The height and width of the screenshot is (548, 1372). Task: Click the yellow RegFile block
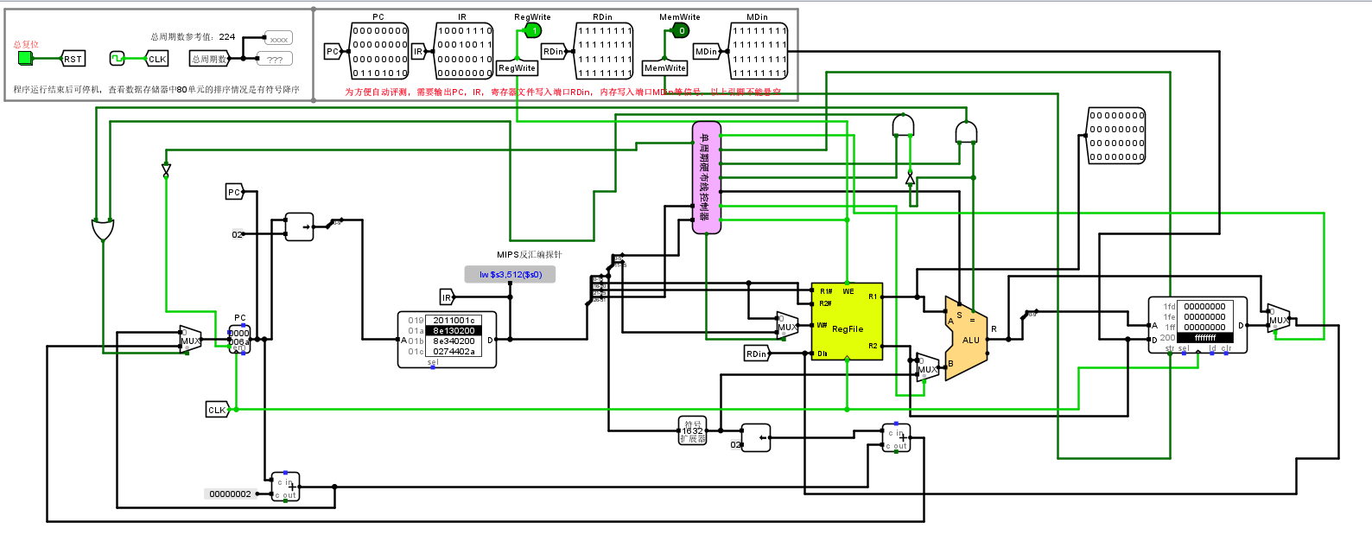pos(847,322)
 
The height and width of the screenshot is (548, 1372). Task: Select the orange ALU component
pos(966,338)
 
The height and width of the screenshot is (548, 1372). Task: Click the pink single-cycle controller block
pos(706,177)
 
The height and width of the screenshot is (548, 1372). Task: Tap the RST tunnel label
pos(73,59)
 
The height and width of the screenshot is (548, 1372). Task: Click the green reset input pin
pos(25,58)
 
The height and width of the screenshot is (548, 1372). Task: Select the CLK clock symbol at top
pos(118,59)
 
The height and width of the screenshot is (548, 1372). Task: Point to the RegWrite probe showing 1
pos(533,31)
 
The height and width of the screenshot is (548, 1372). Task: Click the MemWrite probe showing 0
pos(681,31)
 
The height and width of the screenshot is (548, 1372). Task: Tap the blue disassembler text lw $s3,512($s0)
pos(510,275)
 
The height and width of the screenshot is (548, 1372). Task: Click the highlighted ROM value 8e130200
pos(454,330)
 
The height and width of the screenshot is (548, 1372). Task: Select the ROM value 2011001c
pos(454,320)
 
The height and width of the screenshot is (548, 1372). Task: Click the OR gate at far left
pos(103,230)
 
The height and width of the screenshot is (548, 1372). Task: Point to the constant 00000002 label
pos(231,494)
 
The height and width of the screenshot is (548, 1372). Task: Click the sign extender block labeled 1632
pos(693,430)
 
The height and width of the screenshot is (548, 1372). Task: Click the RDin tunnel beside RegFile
pos(757,354)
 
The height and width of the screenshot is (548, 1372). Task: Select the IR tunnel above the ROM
pos(447,297)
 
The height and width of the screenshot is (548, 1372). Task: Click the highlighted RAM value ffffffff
pos(1205,338)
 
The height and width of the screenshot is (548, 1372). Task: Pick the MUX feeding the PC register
pos(190,341)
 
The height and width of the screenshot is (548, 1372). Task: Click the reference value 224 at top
pos(227,36)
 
